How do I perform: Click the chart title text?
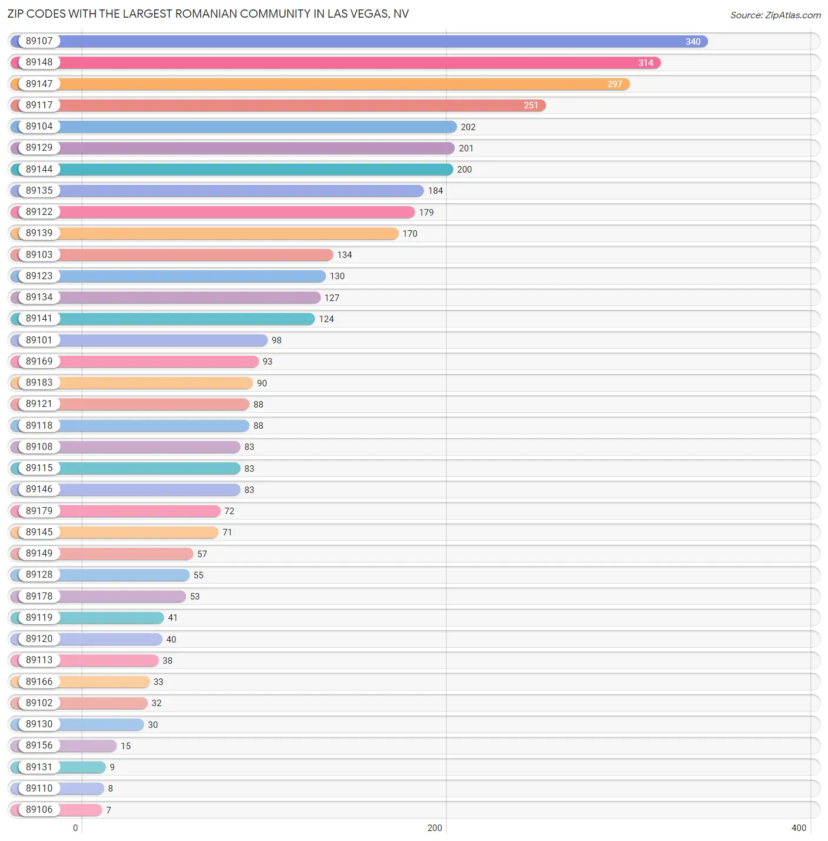[x=208, y=14]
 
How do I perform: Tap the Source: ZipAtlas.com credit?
[x=775, y=15]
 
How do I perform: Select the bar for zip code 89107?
[x=383, y=41]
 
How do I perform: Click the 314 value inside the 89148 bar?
[x=645, y=63]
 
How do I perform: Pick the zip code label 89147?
[x=39, y=84]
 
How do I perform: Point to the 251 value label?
[x=531, y=105]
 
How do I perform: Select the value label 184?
[x=435, y=191]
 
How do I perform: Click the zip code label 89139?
[x=39, y=233]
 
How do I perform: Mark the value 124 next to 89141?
[x=326, y=319]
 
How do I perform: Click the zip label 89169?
[x=39, y=362]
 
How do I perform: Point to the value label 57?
[x=202, y=554]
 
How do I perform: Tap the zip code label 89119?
[x=39, y=618]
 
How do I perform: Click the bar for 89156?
[x=88, y=746]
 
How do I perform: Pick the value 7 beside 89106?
[x=108, y=810]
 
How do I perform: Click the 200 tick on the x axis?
[x=435, y=828]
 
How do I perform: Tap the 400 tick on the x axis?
[x=799, y=828]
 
